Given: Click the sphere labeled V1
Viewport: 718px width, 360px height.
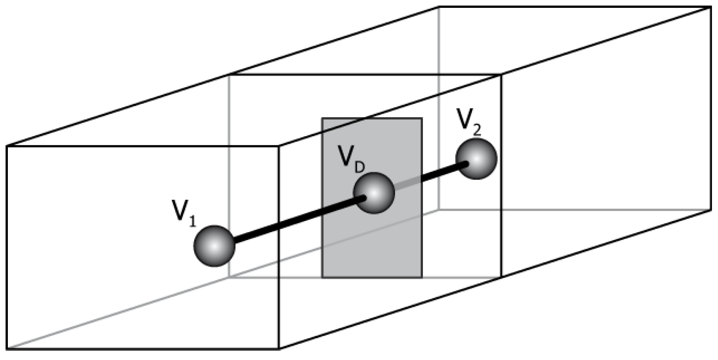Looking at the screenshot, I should (214, 246).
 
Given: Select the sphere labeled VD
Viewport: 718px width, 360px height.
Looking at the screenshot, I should (374, 193).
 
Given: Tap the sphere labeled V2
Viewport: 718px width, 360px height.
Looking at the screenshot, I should (476, 159).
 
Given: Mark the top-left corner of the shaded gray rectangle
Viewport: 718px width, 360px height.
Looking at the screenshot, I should (322, 118).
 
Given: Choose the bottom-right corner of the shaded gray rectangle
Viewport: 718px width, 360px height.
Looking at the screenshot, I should (422, 277).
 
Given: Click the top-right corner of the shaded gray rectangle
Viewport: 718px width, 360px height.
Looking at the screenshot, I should (422, 118).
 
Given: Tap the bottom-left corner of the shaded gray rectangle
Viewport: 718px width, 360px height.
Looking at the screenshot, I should (322, 277).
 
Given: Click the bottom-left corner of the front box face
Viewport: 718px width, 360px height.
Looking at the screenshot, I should (7, 348).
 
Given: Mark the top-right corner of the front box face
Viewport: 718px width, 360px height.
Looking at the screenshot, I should (278, 146).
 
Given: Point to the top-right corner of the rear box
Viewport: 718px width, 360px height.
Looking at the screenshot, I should (711, 7).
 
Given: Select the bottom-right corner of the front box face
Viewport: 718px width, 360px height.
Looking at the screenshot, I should (278, 348).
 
